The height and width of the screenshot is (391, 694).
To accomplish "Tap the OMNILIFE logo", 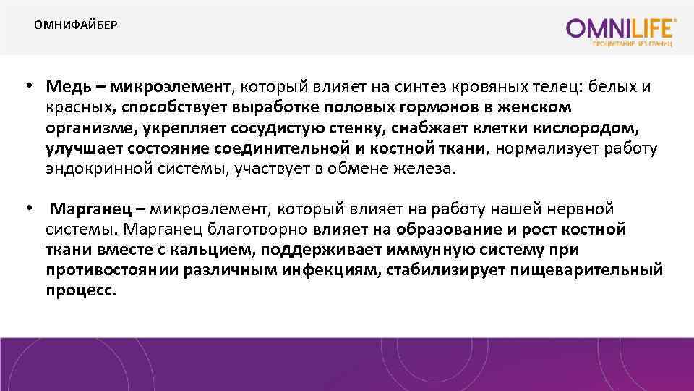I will click(x=622, y=29).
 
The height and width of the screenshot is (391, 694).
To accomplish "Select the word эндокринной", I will click(x=88, y=169).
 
